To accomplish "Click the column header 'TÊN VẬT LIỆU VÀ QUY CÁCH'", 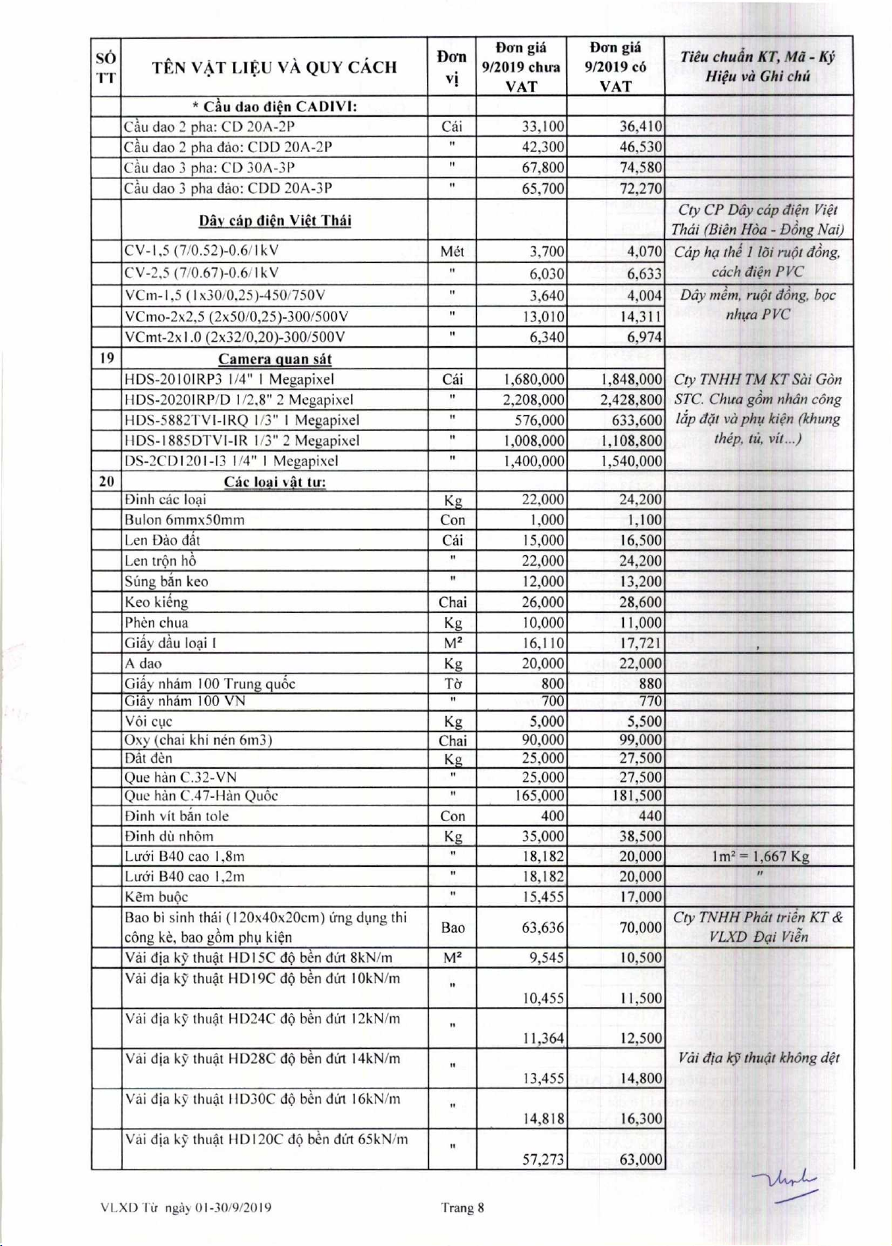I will click(x=274, y=67).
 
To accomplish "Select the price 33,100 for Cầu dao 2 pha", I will click(x=543, y=127).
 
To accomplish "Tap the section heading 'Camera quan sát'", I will click(x=275, y=359).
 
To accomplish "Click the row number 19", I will click(x=106, y=358).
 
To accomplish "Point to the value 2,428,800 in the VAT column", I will click(x=631, y=400).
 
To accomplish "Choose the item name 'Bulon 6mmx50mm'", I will click(x=185, y=520).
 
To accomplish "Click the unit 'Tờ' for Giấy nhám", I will click(x=452, y=683).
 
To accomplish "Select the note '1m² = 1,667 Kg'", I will click(x=759, y=856).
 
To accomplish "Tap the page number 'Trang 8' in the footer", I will click(x=462, y=1207).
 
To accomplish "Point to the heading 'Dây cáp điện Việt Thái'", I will click(x=275, y=220).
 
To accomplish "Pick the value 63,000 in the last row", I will click(x=640, y=1159).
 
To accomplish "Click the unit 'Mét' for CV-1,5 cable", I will click(x=452, y=252).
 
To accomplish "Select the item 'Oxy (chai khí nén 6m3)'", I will click(x=198, y=740).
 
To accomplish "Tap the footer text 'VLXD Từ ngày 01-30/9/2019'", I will click(x=186, y=1208).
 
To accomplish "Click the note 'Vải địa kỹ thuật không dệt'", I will click(x=759, y=1058).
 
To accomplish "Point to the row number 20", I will click(x=106, y=481).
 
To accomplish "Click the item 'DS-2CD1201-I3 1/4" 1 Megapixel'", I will click(x=231, y=461).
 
